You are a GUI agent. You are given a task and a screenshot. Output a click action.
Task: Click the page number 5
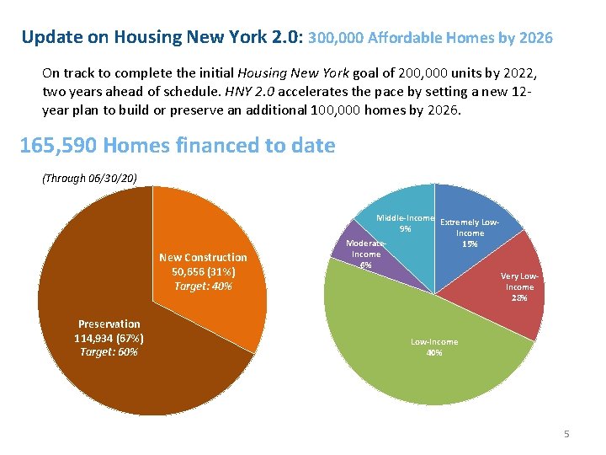[566, 434]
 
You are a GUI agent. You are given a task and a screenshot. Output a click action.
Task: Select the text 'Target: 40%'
[203, 286]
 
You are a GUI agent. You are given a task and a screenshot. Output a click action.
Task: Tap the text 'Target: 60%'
[109, 351]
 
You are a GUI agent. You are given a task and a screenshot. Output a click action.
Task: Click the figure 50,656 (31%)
[203, 272]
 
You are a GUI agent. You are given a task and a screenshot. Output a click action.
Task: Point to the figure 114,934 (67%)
[109, 338]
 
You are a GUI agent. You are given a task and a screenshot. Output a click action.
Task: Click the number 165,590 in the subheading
[57, 146]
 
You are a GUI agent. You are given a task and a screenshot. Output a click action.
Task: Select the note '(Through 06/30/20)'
[89, 178]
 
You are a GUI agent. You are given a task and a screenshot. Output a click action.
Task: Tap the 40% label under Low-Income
[434, 352]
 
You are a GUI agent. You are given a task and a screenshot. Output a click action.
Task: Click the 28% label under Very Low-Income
[519, 298]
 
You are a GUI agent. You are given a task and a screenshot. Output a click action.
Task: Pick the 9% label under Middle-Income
[406, 228]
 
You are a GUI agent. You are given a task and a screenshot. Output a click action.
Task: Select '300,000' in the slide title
[338, 38]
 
